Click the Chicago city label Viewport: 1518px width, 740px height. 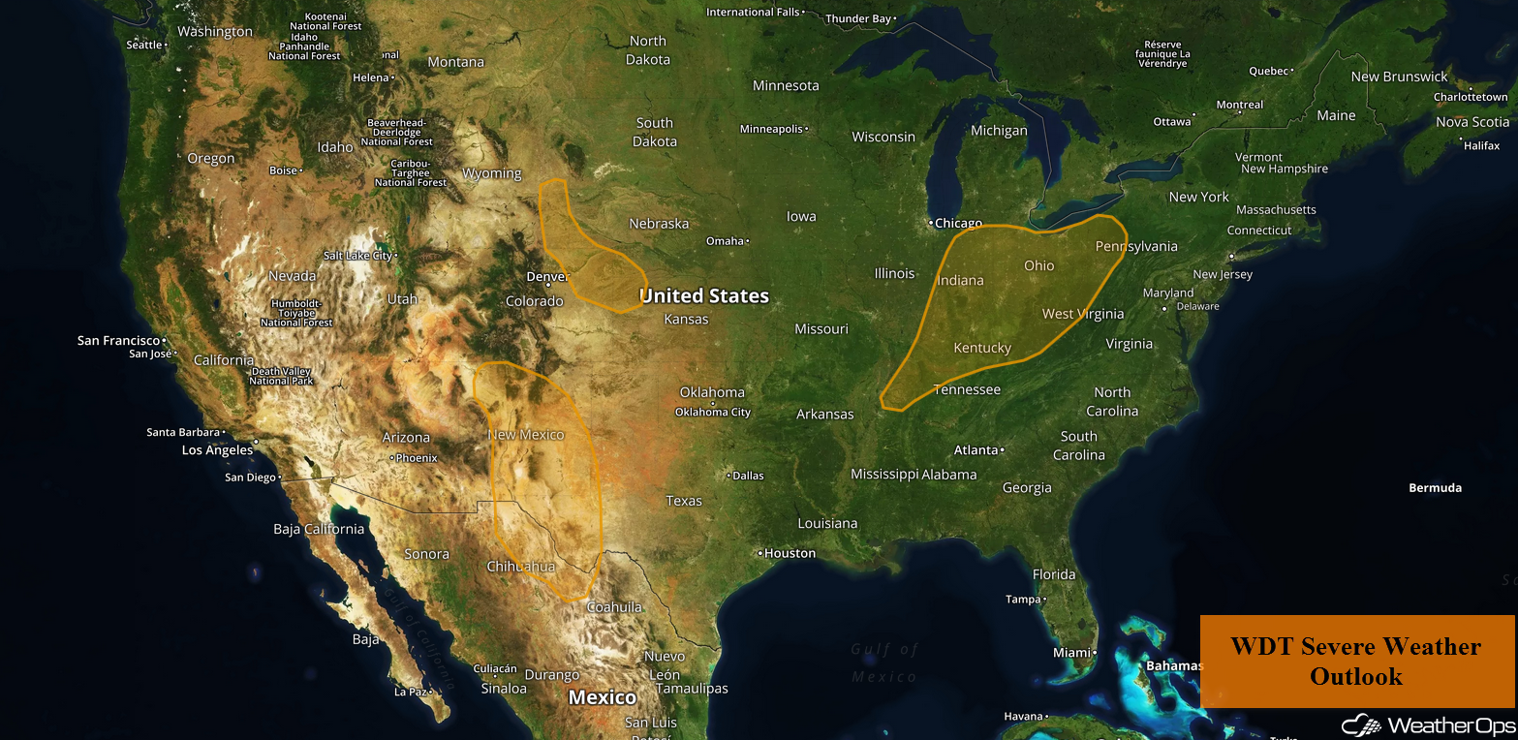[x=958, y=223]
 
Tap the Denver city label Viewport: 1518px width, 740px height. [x=545, y=277]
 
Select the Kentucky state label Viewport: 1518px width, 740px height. [x=982, y=348]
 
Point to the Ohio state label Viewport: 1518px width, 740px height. [x=1038, y=265]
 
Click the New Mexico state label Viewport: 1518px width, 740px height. [x=526, y=435]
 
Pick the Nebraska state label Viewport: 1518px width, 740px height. [x=659, y=224]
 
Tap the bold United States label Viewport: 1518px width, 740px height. [x=704, y=295]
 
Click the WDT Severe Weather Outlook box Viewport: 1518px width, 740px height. [x=1356, y=661]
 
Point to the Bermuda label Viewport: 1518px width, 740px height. [x=1435, y=488]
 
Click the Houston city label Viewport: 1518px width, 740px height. [x=790, y=553]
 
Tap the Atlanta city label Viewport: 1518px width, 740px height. [x=976, y=450]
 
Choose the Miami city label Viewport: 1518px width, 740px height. [x=1071, y=653]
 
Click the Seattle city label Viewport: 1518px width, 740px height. [x=144, y=46]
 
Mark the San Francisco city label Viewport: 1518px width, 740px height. [x=118, y=341]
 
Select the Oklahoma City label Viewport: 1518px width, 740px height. [x=714, y=412]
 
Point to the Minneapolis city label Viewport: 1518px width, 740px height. [x=771, y=129]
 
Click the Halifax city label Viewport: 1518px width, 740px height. [x=1482, y=145]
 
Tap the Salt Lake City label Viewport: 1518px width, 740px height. [x=357, y=256]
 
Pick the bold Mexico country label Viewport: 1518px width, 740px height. [x=603, y=697]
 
